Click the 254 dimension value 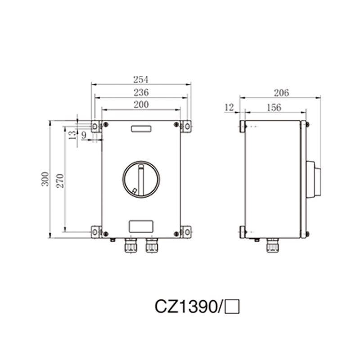click(x=141, y=80)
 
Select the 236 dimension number click(x=141, y=92)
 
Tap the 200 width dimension click(x=141, y=104)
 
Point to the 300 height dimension click(x=45, y=180)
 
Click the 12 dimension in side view click(x=229, y=107)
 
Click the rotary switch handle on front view click(x=141, y=179)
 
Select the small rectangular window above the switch click(x=141, y=129)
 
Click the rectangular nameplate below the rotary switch click(x=141, y=225)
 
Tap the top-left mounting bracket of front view click(x=95, y=126)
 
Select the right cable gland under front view click(x=151, y=245)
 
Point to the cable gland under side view click(x=272, y=245)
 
